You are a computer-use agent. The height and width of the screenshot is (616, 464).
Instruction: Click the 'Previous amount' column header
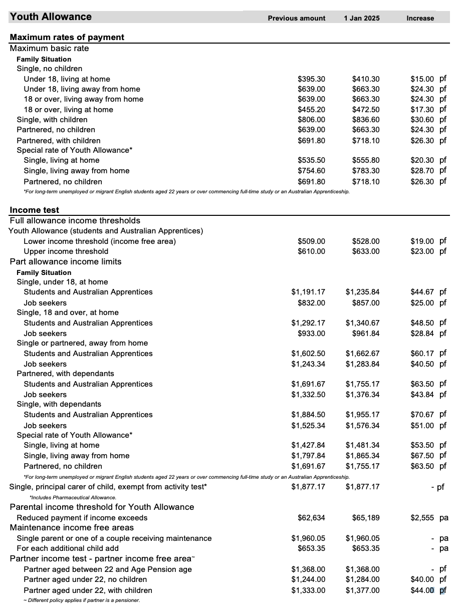[x=296, y=18]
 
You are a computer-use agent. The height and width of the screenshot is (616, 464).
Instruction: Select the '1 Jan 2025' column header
[x=362, y=18]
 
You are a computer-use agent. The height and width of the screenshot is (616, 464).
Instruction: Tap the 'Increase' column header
[x=420, y=18]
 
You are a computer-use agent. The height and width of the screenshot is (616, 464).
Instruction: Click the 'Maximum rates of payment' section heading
[x=67, y=37]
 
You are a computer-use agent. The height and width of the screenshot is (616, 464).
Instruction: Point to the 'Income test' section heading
[x=35, y=210]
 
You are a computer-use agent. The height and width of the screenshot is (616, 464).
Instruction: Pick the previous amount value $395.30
[x=311, y=79]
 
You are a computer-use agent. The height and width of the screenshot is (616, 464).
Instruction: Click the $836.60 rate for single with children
[x=366, y=120]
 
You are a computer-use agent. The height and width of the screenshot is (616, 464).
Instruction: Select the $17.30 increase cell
[x=422, y=110]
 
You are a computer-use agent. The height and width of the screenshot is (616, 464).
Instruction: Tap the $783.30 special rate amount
[x=366, y=171]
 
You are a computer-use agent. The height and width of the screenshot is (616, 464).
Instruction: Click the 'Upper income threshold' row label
[x=66, y=251]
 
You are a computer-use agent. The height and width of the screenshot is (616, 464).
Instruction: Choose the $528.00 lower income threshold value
[x=366, y=241]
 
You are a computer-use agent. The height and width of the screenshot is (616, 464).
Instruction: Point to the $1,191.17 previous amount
[x=308, y=292]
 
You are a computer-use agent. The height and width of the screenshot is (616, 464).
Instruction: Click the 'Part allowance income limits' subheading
[x=66, y=262]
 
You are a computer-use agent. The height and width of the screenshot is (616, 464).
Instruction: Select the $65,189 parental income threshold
[x=366, y=518]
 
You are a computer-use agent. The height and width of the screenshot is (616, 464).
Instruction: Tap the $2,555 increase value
[x=422, y=518]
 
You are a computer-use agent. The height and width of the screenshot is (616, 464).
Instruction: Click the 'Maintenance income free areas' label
[x=72, y=528]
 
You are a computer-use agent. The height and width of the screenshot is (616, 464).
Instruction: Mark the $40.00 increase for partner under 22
[x=422, y=580]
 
